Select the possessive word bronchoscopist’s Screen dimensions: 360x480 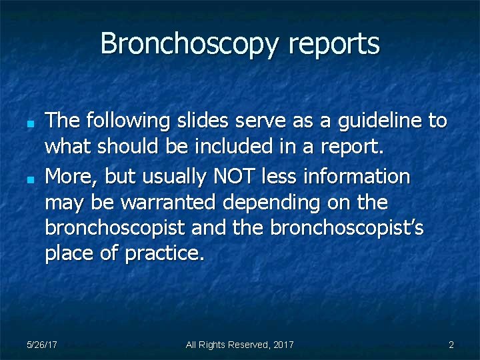pos(347,228)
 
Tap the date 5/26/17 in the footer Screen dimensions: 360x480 pos(41,345)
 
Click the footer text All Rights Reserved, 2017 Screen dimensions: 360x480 pos(239,345)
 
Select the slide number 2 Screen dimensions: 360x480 pos(451,345)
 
